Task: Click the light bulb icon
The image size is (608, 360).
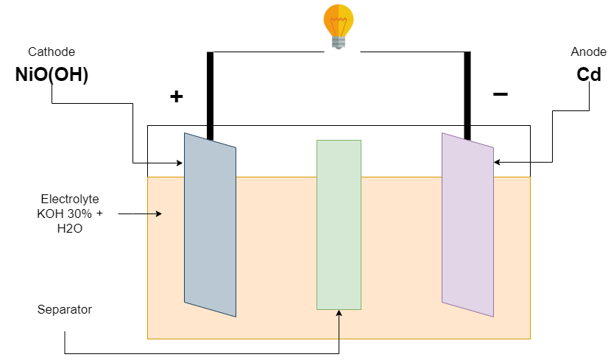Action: (339, 27)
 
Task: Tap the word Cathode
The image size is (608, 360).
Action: (52, 52)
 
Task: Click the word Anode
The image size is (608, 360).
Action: (588, 52)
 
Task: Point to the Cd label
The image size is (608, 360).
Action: (589, 74)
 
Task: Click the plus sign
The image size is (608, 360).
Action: (176, 96)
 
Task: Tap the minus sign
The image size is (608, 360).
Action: (500, 94)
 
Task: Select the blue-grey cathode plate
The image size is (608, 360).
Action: (210, 225)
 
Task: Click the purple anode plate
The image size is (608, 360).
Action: (467, 225)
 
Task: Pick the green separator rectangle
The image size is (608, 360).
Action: (339, 225)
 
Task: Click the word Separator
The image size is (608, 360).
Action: (65, 309)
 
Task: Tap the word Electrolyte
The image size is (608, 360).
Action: (69, 199)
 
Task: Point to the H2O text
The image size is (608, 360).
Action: (69, 229)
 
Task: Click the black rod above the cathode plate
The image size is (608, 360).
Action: (210, 96)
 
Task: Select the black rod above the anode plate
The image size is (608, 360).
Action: (467, 96)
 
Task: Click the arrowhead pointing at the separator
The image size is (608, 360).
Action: (339, 313)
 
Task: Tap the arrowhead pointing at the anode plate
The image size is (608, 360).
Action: (498, 162)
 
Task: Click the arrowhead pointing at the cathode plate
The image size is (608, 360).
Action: (180, 162)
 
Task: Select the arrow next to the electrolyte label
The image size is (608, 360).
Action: (140, 214)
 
